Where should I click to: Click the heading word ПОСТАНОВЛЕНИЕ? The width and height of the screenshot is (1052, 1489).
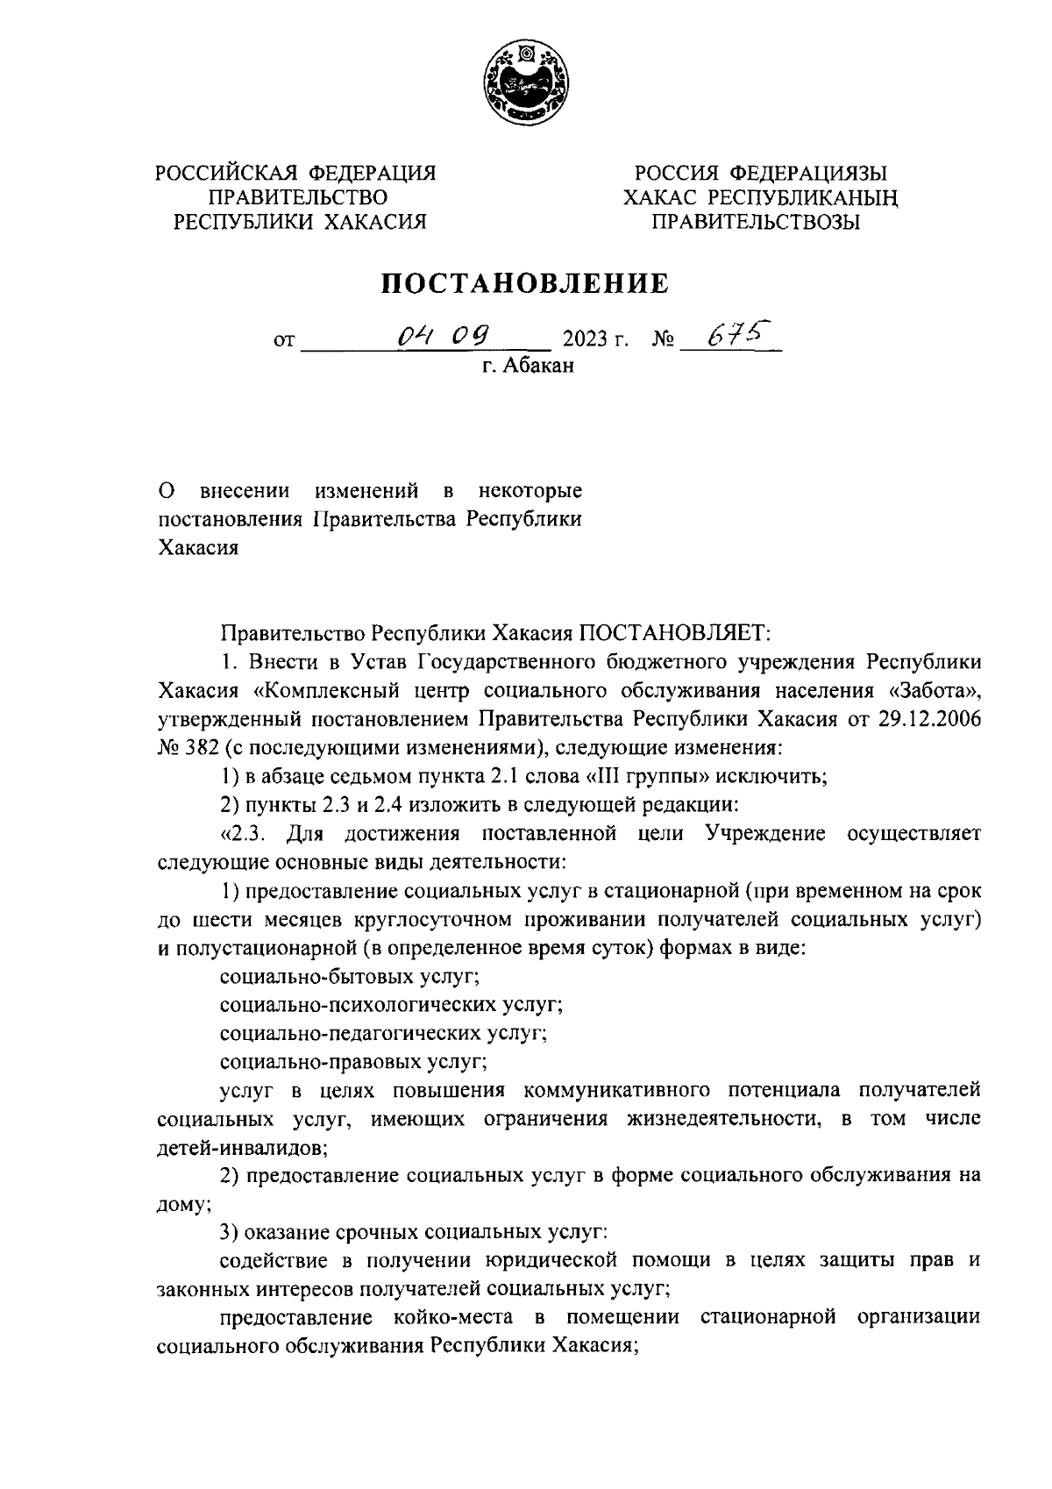coord(524,283)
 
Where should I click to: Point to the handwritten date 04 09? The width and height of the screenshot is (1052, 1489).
coord(443,334)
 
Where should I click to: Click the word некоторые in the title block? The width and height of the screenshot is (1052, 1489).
coord(530,489)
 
